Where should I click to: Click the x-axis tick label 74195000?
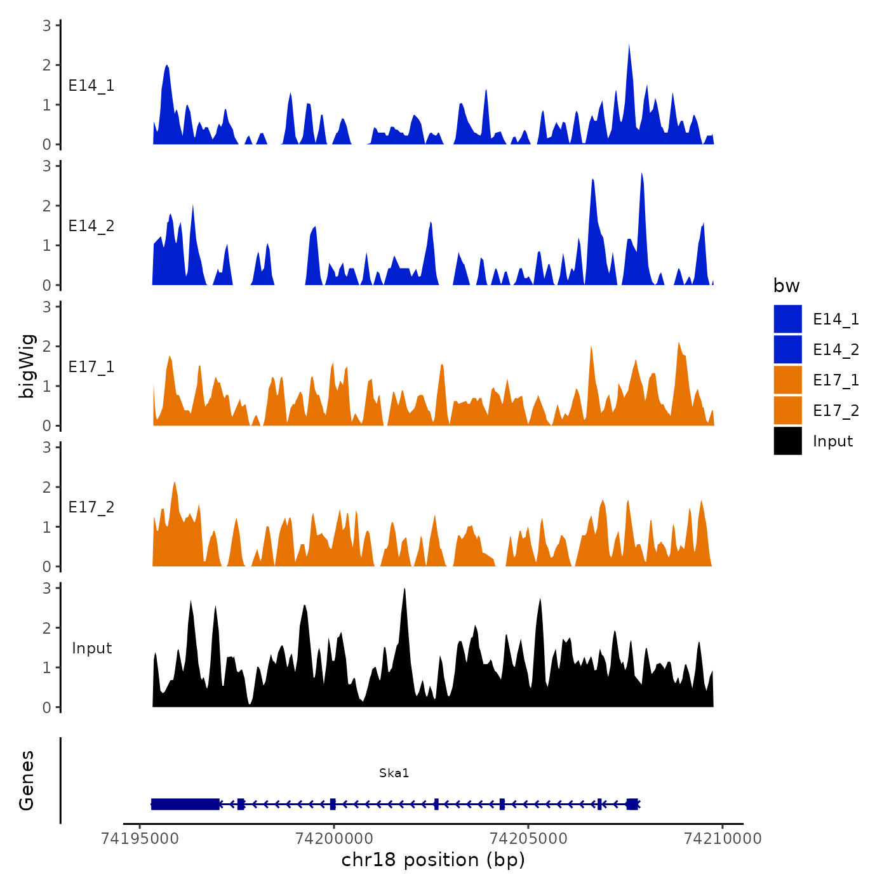[x=140, y=838]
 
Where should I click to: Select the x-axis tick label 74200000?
[x=334, y=838]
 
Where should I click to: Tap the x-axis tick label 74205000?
[x=528, y=838]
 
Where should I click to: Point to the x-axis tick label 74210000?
[x=722, y=838]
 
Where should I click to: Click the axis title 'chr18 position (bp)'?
[x=433, y=860]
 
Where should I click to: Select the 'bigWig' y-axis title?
[x=27, y=366]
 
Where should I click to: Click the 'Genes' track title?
[x=27, y=780]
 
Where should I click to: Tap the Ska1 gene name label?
[x=394, y=773]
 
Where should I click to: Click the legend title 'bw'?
[x=786, y=286]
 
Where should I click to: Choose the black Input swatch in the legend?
[x=787, y=441]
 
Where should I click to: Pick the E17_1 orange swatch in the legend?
[x=787, y=380]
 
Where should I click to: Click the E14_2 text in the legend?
[x=836, y=350]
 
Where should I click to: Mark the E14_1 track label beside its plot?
[x=91, y=86]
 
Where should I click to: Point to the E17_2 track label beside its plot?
[x=91, y=507]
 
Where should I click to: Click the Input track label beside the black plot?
[x=91, y=648]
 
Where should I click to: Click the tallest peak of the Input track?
[x=404, y=591]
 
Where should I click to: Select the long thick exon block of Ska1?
[x=185, y=804]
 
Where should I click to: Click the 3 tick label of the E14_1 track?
[x=47, y=25]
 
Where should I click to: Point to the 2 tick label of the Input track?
[x=47, y=628]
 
